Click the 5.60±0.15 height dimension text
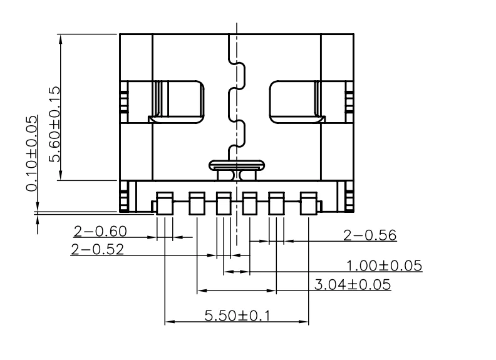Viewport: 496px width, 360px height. [54, 124]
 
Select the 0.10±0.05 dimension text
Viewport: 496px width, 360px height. [32, 154]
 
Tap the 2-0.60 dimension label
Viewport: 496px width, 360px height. [100, 231]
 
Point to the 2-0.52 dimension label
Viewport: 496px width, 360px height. [98, 249]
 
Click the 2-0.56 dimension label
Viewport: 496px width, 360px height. [369, 235]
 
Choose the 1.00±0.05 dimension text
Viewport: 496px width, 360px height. [385, 265]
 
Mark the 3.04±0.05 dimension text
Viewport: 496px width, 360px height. [353, 285]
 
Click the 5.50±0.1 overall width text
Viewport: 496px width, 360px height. [237, 316]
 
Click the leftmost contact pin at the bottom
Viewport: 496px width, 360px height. [165, 203]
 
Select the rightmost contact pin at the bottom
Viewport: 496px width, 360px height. [308, 203]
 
